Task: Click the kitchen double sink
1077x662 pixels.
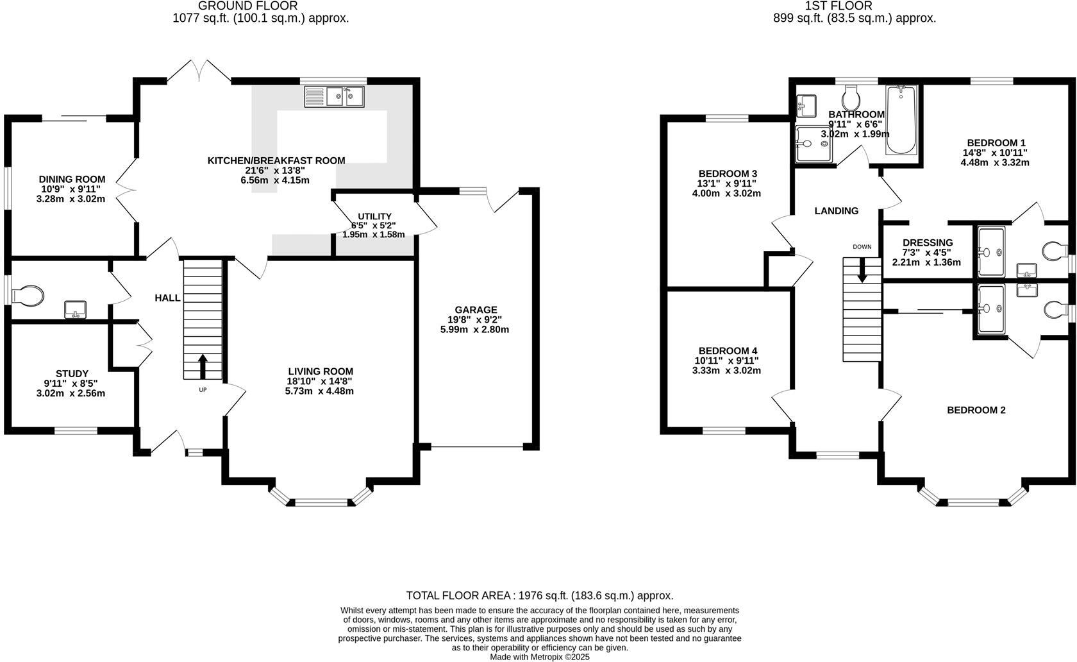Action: click(335, 97)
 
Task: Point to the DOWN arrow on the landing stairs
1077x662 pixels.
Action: click(862, 270)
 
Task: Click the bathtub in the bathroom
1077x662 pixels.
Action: click(901, 120)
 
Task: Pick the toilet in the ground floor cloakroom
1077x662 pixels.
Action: click(29, 296)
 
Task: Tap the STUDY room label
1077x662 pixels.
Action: click(72, 373)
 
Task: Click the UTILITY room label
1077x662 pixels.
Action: click(375, 217)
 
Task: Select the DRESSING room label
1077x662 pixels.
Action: click(927, 242)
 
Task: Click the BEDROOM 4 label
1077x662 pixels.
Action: click(728, 351)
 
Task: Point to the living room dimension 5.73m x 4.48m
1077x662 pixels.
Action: click(319, 391)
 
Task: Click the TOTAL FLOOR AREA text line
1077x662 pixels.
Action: click(539, 595)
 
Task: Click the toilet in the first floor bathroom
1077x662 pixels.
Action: click(851, 98)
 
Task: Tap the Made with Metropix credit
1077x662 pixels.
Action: click(539, 657)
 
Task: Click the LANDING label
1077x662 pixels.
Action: click(836, 210)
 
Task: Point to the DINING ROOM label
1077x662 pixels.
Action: click(72, 179)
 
